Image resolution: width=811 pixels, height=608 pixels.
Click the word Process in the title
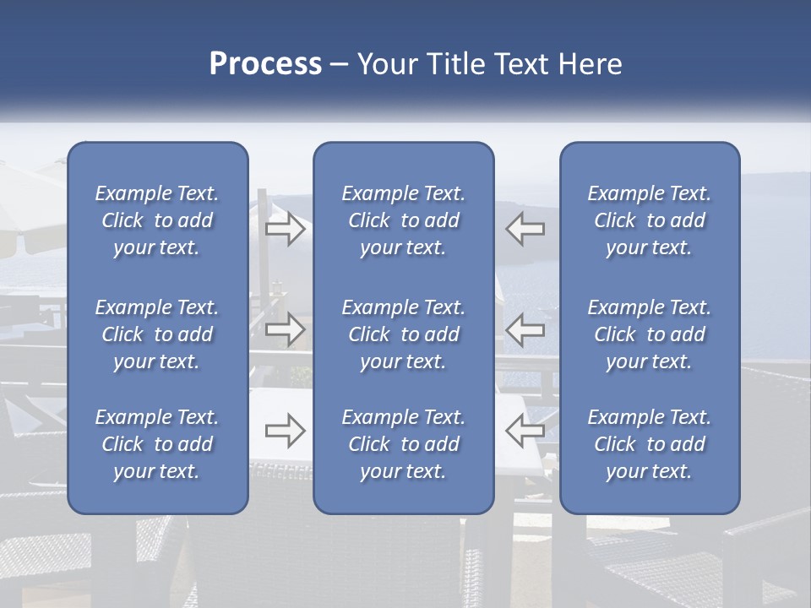click(265, 63)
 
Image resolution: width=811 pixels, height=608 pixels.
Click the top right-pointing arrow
click(285, 230)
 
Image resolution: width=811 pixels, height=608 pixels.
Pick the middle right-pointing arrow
click(285, 329)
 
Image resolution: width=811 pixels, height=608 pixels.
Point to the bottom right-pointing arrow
click(285, 431)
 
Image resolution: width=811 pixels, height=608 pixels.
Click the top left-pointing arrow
click(525, 230)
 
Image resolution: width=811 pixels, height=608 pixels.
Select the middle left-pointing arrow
click(525, 329)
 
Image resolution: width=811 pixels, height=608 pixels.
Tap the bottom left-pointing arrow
click(525, 431)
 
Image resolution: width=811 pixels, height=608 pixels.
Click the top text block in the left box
click(157, 220)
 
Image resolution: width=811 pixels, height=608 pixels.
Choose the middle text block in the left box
click(157, 334)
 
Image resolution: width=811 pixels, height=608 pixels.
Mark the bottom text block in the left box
click(157, 444)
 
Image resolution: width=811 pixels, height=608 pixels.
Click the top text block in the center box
click(403, 220)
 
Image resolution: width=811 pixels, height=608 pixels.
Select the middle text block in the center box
click(403, 334)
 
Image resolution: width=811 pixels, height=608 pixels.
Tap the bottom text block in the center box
click(403, 444)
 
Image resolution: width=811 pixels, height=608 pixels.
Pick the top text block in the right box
click(649, 220)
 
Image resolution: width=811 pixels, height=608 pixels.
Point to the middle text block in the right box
click(649, 334)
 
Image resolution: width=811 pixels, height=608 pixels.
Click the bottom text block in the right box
click(649, 444)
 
